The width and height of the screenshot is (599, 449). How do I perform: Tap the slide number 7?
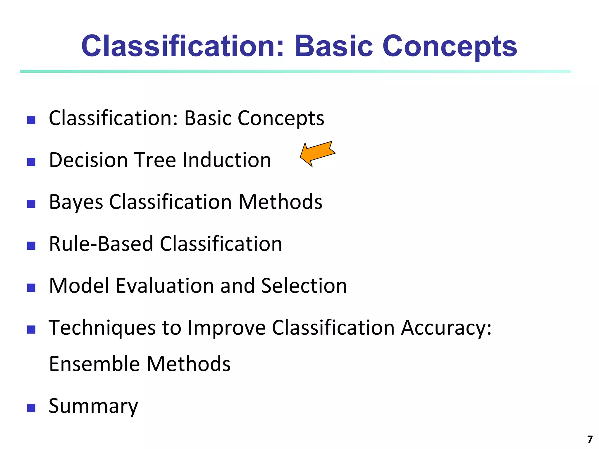[590, 439]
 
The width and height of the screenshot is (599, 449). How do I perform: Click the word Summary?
[93, 406]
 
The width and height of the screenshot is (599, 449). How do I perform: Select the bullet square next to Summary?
[31, 408]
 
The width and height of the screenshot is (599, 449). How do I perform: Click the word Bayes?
[76, 202]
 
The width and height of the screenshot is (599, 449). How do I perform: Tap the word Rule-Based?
[101, 244]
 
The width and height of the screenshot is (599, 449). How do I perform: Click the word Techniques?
[102, 328]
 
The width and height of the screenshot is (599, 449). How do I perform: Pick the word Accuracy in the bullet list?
[446, 328]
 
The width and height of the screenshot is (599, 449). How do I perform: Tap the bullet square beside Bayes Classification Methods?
[31, 204]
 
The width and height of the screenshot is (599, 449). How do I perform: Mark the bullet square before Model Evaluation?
[31, 288]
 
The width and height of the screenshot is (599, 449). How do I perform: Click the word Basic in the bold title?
[334, 46]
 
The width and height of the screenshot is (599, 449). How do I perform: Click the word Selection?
[304, 286]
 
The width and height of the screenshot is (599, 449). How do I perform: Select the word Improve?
[227, 328]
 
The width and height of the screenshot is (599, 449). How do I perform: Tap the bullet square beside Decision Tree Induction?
[31, 162]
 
